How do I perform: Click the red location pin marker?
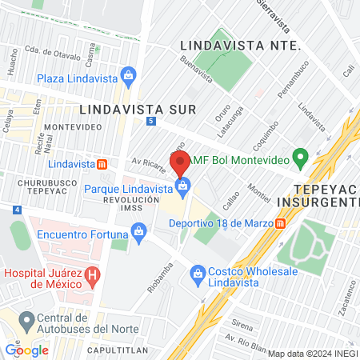coord(180,162)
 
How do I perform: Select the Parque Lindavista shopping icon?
coord(183,188)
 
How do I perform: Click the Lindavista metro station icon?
coord(102,164)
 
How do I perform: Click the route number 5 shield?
coord(151,120)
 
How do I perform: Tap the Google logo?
coord(26,350)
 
